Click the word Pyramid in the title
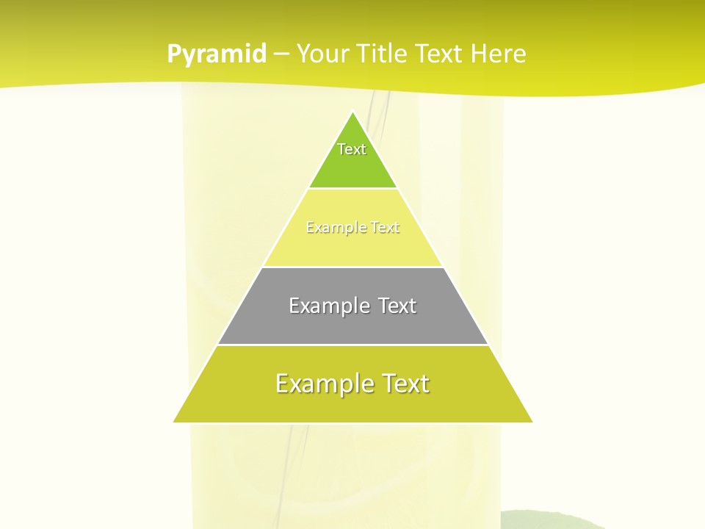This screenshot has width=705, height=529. point(216,54)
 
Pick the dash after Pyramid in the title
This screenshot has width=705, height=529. point(281,54)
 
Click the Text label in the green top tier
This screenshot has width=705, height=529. point(352,149)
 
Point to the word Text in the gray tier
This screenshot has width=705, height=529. point(397,306)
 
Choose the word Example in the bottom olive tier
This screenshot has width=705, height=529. point(316,384)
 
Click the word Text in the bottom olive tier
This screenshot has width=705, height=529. point(405,384)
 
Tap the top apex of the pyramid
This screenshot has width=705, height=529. point(352,112)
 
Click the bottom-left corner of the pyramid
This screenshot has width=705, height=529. point(175,422)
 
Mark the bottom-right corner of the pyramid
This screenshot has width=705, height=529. point(531,422)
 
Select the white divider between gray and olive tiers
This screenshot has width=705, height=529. point(352,345)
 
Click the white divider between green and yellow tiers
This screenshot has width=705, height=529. point(352,189)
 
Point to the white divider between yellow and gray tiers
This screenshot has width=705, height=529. point(352,267)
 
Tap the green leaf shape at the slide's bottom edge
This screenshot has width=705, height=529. point(558,521)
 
